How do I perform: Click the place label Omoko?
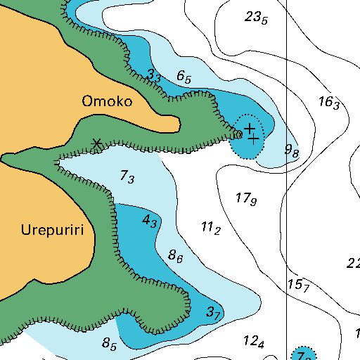coord(107,101)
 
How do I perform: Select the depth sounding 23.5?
coord(256,18)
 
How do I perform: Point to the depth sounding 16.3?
coord(328,102)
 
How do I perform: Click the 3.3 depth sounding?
coord(155,76)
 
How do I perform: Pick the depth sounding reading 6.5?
coord(184,77)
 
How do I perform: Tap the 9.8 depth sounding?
coord(291,150)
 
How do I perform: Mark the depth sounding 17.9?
coord(245,199)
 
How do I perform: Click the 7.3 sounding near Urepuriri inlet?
coord(127,177)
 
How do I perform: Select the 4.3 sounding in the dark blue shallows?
coord(150,221)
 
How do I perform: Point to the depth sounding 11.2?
coord(211,228)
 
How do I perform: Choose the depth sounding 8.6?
coord(176,257)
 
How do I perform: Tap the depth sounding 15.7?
coord(298,285)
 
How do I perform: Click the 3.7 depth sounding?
coord(214,312)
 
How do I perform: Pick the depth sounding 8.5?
coord(109,344)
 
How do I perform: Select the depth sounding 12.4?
coord(253,342)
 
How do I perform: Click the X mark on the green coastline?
coord(96,144)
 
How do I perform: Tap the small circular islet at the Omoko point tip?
coord(238,134)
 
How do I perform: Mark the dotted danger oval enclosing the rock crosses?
coord(248,136)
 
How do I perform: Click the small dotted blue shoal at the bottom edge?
coord(303,354)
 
